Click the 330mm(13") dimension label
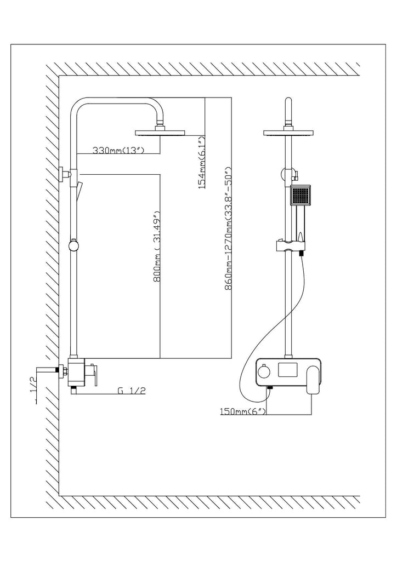[x=118, y=150]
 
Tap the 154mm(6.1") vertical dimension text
[x=202, y=162]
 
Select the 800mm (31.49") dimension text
[x=156, y=247]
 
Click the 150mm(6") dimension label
[x=243, y=411]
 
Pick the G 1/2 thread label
[x=132, y=390]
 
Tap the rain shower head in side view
[x=161, y=133]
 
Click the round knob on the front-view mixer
[x=265, y=373]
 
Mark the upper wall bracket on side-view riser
[x=66, y=174]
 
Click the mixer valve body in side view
[x=76, y=373]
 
